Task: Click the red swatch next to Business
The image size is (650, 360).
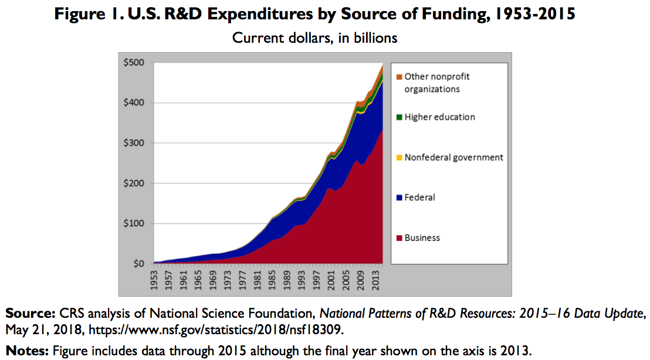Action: [400, 238]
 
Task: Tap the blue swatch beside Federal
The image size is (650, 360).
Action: [400, 198]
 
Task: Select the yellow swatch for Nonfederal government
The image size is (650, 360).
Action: [400, 158]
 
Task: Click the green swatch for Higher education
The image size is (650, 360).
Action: [400, 117]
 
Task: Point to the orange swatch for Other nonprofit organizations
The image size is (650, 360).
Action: [400, 77]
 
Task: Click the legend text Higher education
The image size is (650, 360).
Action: [439, 117]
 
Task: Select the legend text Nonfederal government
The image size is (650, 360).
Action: [453, 157]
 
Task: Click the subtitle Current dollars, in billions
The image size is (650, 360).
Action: [315, 38]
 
